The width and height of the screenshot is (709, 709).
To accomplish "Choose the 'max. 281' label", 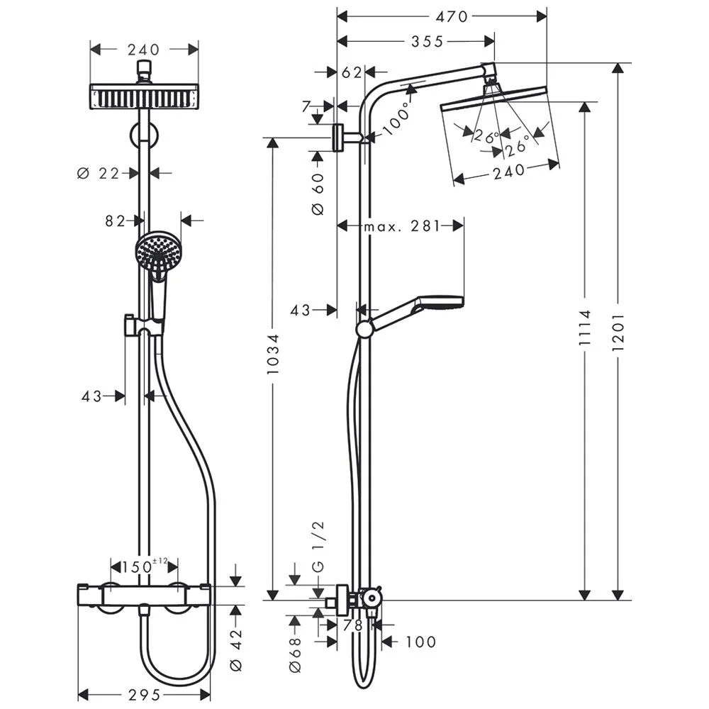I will click(401, 226).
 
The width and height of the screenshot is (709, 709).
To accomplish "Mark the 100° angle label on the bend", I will click(396, 119).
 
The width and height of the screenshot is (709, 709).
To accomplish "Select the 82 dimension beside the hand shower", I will click(115, 221).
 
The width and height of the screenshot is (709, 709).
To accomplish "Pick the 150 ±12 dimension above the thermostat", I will click(140, 566).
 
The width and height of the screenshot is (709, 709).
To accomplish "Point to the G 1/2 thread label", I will click(318, 546).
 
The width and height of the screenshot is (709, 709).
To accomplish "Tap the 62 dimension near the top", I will click(352, 72).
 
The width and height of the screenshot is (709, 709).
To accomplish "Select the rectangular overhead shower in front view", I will click(144, 96).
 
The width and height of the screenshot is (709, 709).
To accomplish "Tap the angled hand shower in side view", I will click(415, 312).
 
